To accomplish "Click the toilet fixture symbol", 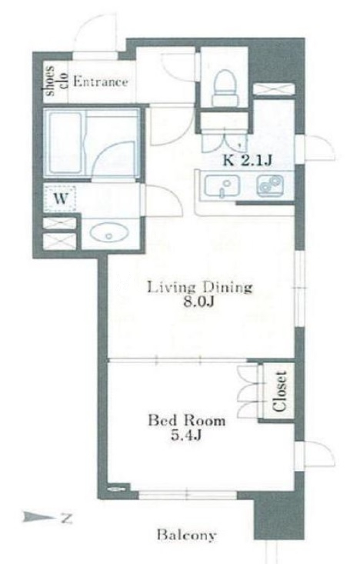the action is click(x=226, y=88).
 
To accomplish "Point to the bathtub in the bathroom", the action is click(x=65, y=142).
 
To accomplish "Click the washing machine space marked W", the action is click(x=61, y=199).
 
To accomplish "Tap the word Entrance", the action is click(x=100, y=82).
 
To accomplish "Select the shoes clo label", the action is click(x=56, y=81).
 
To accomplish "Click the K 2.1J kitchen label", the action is click(x=247, y=160).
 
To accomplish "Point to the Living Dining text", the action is click(x=201, y=288).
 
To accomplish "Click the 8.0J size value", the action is click(x=199, y=302).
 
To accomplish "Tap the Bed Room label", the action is click(x=187, y=420).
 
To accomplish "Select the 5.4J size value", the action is click(x=185, y=436).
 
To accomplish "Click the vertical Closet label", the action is click(x=279, y=391).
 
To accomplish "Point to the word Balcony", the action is click(x=187, y=535).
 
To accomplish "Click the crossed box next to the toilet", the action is click(x=274, y=88).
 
